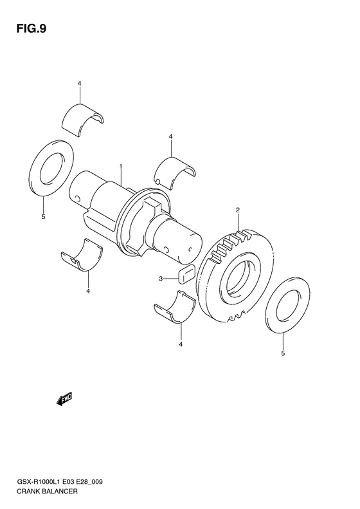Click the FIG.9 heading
pos(31,29)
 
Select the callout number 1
pos(121,167)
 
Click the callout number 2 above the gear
pos(238,210)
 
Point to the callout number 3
pos(161,279)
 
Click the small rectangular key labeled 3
pos(186,273)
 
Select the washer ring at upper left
pos(51,168)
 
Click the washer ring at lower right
pos(287,304)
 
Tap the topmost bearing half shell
pos(83,120)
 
